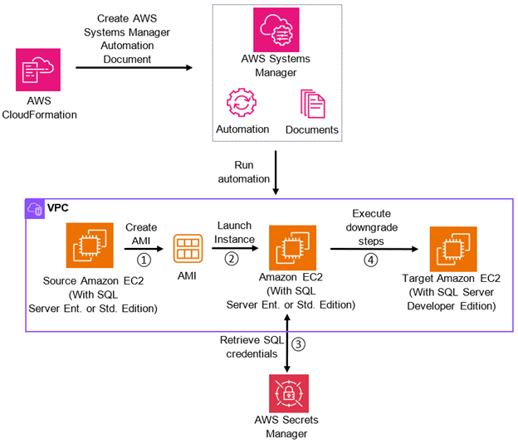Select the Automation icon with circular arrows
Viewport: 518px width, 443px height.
pyautogui.click(x=242, y=105)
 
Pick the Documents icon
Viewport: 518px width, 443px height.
pyautogui.click(x=312, y=105)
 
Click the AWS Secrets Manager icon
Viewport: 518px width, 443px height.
pyautogui.click(x=286, y=394)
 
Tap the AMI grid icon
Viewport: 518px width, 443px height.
pyautogui.click(x=188, y=249)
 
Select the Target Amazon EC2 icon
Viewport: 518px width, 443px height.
pyautogui.click(x=452, y=246)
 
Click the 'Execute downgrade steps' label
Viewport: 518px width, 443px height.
pyautogui.click(x=371, y=226)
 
